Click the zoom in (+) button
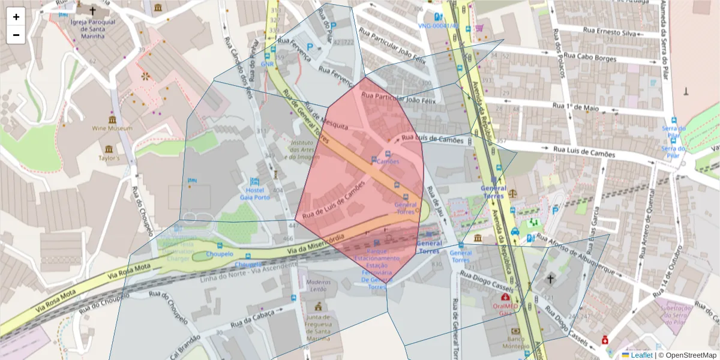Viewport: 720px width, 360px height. [x=16, y=17]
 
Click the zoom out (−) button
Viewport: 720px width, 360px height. [x=16, y=35]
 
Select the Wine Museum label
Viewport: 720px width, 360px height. [x=112, y=128]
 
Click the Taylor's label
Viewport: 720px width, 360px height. [x=109, y=158]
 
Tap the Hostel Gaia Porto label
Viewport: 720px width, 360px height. [x=254, y=193]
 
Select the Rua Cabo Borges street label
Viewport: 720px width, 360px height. [x=590, y=58]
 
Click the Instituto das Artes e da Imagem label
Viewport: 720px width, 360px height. [x=304, y=149]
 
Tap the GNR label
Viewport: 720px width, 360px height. [x=268, y=64]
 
